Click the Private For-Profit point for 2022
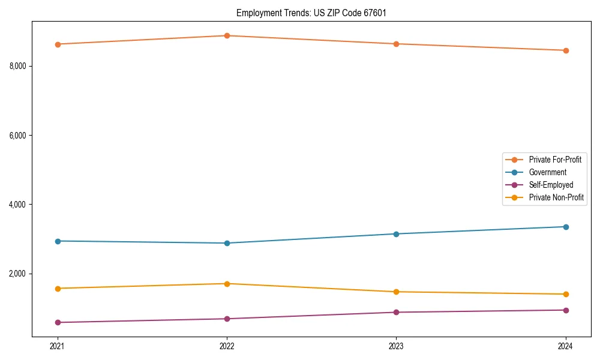coord(227,35)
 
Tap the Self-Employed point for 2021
coord(58,322)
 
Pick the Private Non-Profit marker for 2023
coord(396,292)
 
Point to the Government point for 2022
coord(227,243)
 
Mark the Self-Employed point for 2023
coord(396,312)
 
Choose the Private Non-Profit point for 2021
coord(58,289)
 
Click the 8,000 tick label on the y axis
coord(17,66)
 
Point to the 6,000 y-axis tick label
coord(17,136)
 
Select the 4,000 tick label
coord(17,205)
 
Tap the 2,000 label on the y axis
coord(17,274)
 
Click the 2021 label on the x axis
coord(58,346)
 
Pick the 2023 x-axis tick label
coord(396,346)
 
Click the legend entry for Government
coord(547,172)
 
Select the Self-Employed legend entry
coord(551,185)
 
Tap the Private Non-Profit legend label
coord(556,197)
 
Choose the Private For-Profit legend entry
coord(554,160)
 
